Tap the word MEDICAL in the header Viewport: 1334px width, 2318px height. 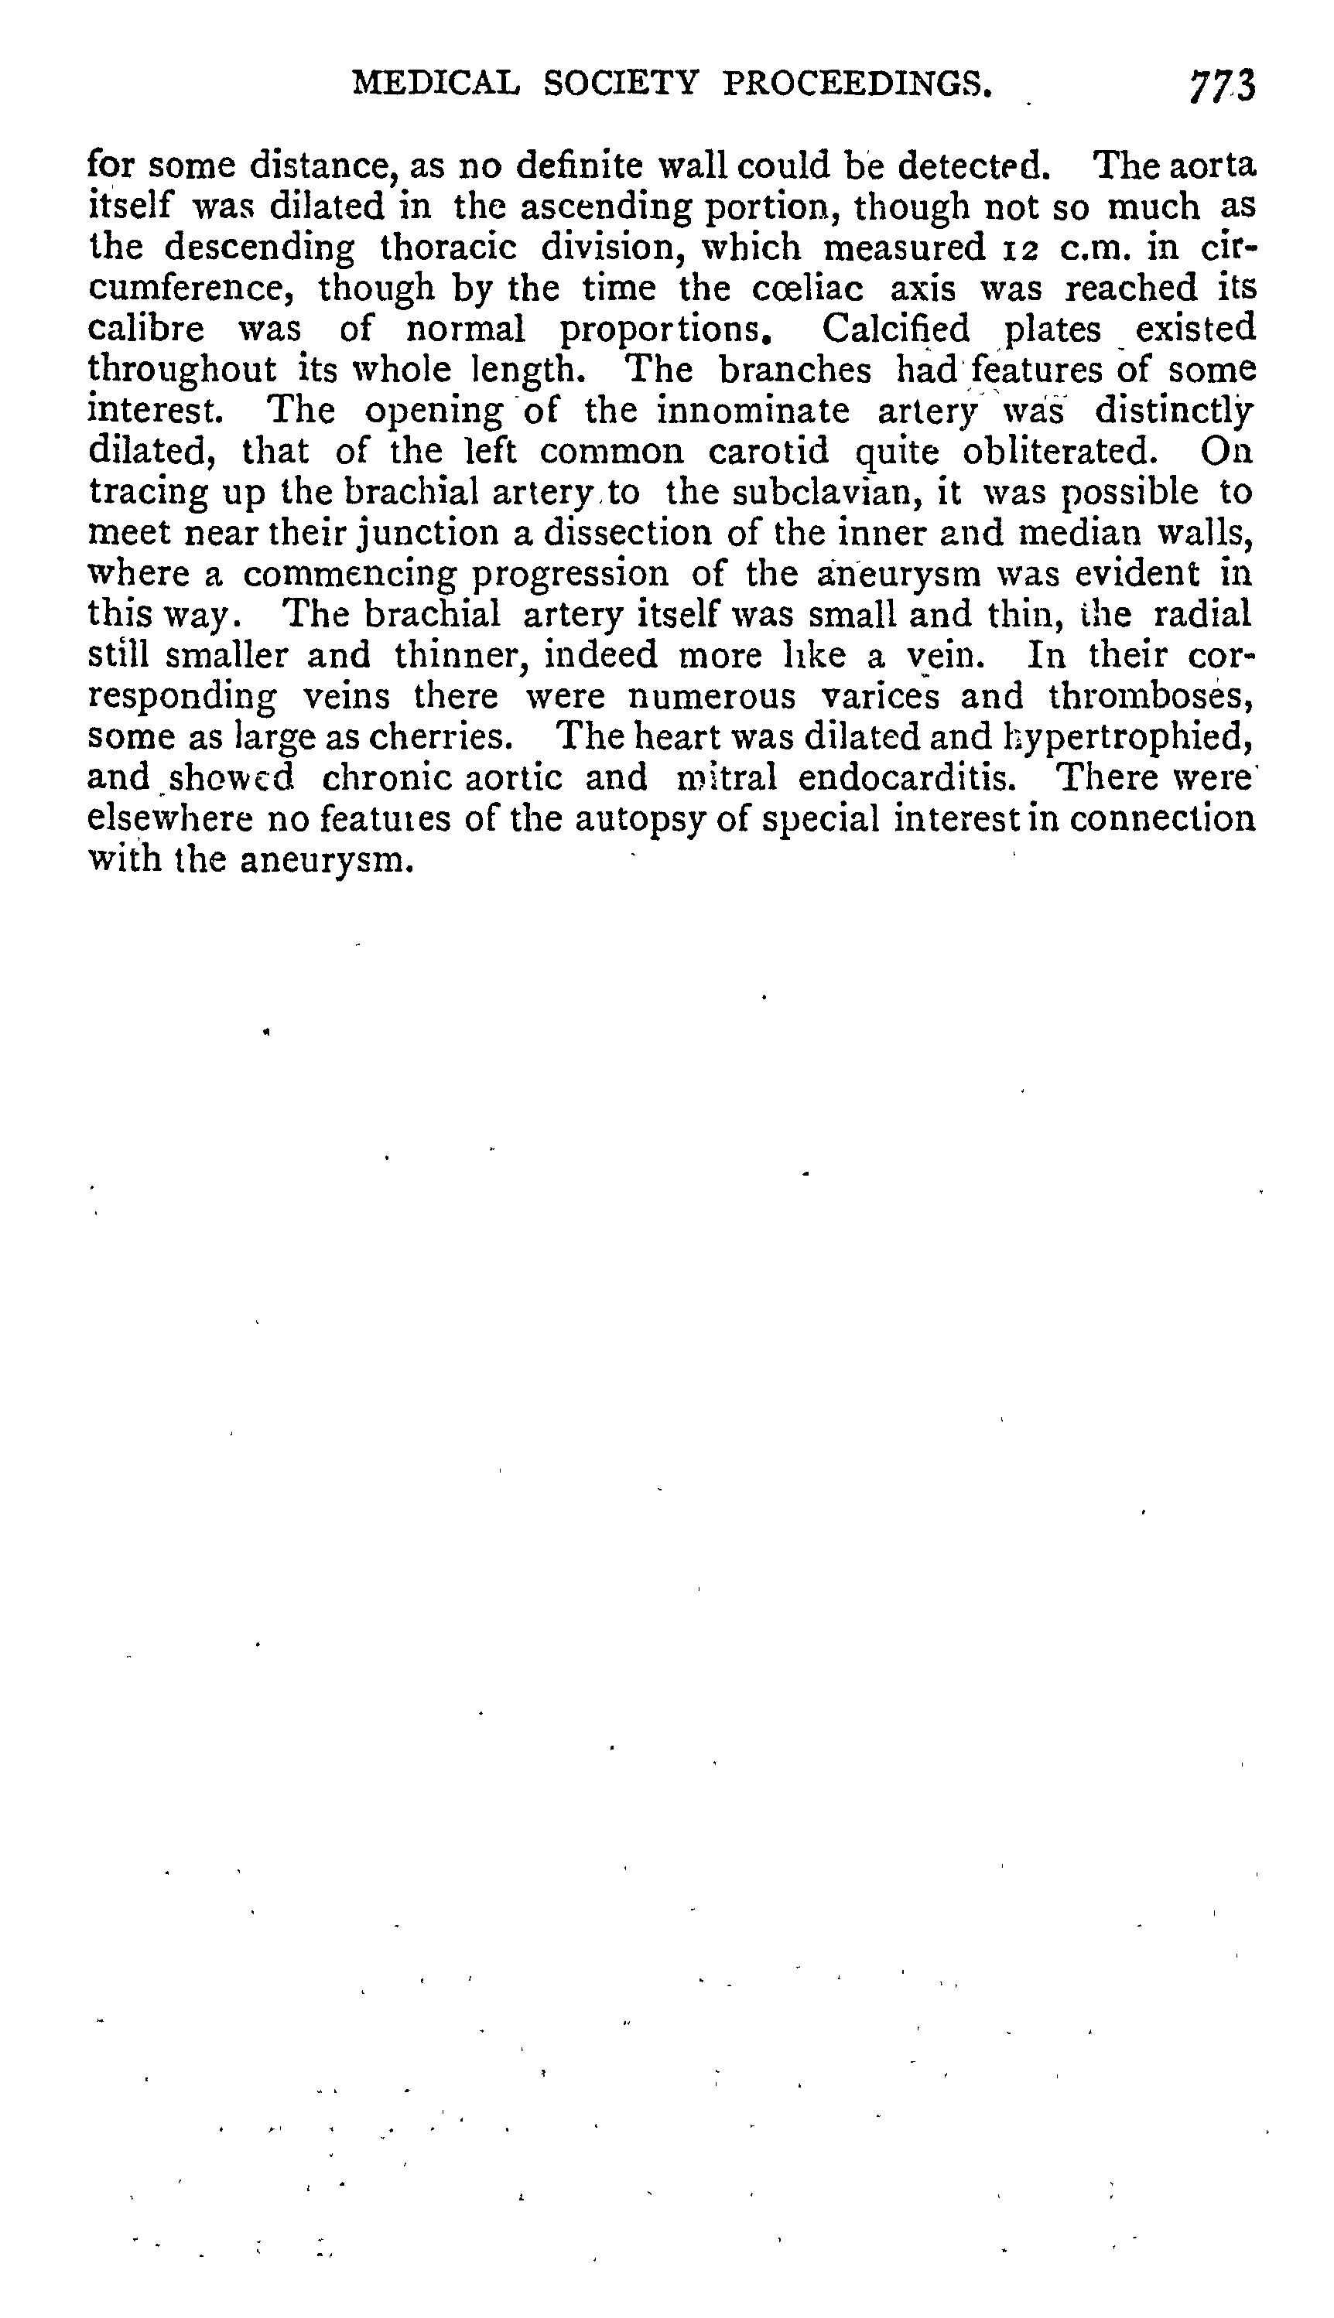[x=436, y=84]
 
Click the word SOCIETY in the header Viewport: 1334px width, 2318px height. [x=621, y=84]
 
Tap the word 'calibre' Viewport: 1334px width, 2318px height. [x=146, y=329]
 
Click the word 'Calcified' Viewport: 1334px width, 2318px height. [x=895, y=329]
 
